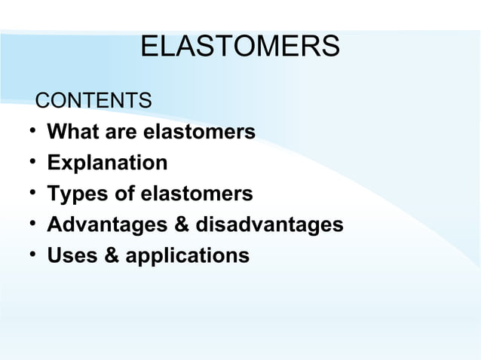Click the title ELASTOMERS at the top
(x=240, y=47)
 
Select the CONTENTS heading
(x=94, y=100)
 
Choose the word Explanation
(x=107, y=163)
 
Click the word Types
(x=73, y=194)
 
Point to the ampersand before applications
(x=110, y=256)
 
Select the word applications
(x=187, y=256)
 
